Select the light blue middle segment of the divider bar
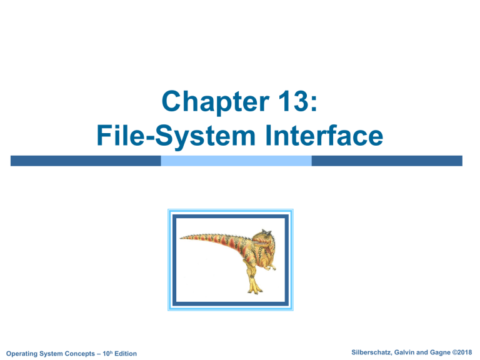pyautogui.click(x=236, y=161)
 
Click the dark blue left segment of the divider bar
pyautogui.click(x=86, y=161)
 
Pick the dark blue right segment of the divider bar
pyautogui.click(x=387, y=161)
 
